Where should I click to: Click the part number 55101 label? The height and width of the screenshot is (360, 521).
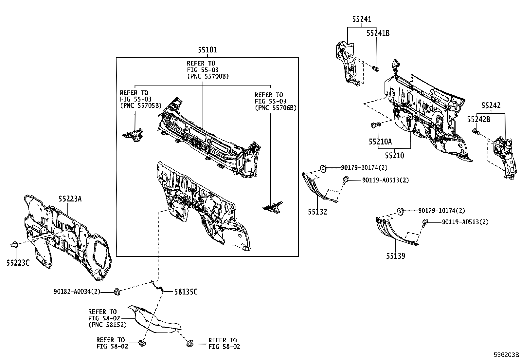(207, 50)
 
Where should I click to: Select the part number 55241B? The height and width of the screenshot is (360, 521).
(378, 33)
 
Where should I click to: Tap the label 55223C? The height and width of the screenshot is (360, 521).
(18, 262)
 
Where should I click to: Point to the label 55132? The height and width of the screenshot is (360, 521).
(317, 212)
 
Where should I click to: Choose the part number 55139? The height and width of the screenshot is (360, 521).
(395, 256)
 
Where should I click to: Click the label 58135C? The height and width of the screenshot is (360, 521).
(186, 292)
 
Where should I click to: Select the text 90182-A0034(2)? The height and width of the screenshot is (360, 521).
(77, 292)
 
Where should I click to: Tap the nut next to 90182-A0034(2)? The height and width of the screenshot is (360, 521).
(117, 291)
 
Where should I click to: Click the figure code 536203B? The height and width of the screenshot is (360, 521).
(507, 355)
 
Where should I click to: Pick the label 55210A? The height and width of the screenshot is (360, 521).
(380, 142)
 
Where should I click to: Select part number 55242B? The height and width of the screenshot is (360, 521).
(478, 120)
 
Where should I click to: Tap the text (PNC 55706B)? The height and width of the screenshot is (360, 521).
(276, 108)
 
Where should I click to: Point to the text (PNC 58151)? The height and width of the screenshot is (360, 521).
(107, 325)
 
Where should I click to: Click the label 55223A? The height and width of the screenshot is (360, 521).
(70, 199)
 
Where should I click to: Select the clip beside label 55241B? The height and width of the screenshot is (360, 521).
(376, 69)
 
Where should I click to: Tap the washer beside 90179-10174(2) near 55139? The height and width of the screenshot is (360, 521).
(400, 211)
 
